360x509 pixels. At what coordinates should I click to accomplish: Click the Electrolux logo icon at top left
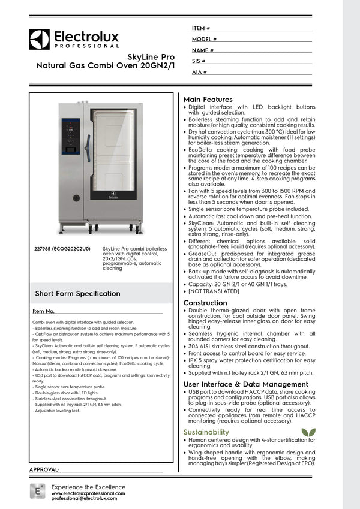click(39, 39)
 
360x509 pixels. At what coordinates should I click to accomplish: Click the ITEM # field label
click(201, 28)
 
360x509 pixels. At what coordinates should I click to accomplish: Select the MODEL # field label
click(204, 39)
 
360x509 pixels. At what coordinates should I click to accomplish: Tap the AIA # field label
click(200, 72)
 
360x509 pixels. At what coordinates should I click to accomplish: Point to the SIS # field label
click(199, 61)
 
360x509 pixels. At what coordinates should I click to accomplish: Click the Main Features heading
click(208, 99)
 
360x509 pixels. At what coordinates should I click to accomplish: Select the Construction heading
click(205, 303)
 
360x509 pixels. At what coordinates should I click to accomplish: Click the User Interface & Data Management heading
click(245, 384)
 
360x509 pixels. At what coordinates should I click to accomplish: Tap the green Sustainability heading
click(206, 432)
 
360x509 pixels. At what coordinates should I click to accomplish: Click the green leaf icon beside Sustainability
click(308, 432)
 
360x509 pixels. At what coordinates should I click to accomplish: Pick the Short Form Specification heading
click(77, 294)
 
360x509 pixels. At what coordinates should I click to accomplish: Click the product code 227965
click(46, 248)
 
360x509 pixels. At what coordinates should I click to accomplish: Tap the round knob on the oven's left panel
click(76, 198)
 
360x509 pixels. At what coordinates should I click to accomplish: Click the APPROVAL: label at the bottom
click(44, 469)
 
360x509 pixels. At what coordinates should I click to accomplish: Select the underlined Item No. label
click(44, 311)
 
